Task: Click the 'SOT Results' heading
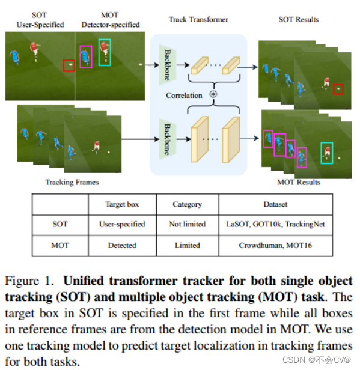click(x=299, y=20)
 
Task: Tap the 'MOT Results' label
click(x=299, y=181)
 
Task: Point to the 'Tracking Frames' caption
click(x=72, y=181)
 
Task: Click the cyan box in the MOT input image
click(x=105, y=52)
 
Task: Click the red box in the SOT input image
click(x=69, y=65)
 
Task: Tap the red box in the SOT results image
click(x=338, y=89)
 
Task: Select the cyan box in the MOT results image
click(x=327, y=153)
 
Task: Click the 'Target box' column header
click(x=122, y=204)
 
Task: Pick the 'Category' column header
click(x=187, y=204)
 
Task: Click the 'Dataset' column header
click(x=275, y=204)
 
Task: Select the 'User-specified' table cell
click(x=122, y=224)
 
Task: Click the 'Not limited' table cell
click(x=187, y=224)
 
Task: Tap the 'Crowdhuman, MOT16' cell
click(x=275, y=245)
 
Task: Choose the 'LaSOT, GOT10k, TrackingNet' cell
click(x=275, y=224)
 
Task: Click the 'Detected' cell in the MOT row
click(x=122, y=245)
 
